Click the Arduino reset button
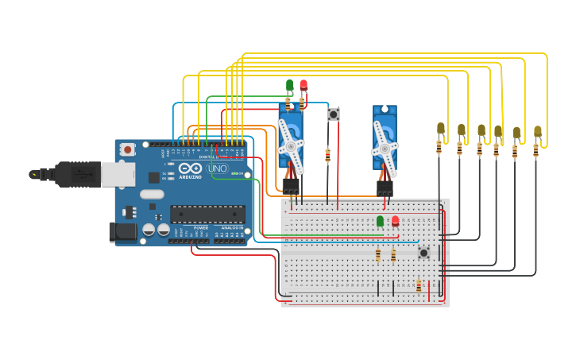127,149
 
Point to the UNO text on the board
217,168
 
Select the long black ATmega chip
207,214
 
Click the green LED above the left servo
289,84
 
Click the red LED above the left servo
303,84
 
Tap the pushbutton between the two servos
334,114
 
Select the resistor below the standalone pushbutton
327,156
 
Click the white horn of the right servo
385,149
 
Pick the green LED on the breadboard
380,221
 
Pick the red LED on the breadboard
395,221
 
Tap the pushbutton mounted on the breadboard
423,253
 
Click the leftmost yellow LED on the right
440,128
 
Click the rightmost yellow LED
538,131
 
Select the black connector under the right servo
385,188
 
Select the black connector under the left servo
291,184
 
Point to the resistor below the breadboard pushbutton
419,285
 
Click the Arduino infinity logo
190,168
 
